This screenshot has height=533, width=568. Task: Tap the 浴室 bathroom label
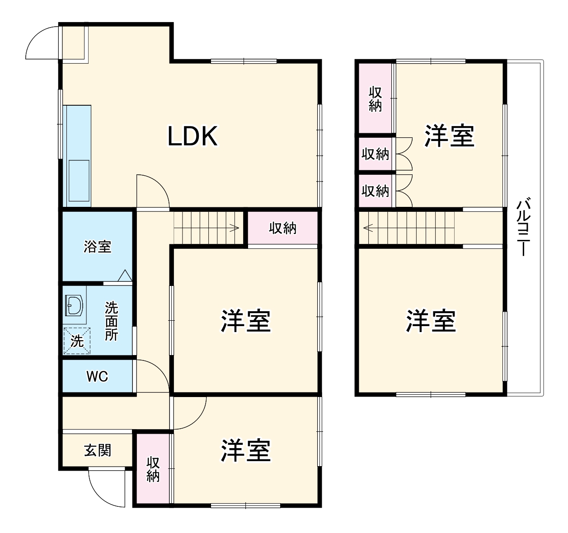click(x=98, y=247)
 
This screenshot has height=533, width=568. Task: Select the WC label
click(x=97, y=376)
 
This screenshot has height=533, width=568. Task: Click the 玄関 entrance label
click(x=98, y=450)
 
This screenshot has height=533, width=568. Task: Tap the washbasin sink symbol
click(x=74, y=306)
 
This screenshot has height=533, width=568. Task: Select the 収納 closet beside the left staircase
click(x=282, y=228)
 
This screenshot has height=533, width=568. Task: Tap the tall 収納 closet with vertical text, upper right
click(x=376, y=99)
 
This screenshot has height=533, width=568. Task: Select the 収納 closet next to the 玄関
click(x=153, y=469)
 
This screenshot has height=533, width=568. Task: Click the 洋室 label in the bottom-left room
click(x=245, y=450)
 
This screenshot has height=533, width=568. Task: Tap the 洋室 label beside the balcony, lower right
click(x=431, y=320)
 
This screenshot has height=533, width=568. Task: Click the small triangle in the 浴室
click(x=125, y=276)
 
